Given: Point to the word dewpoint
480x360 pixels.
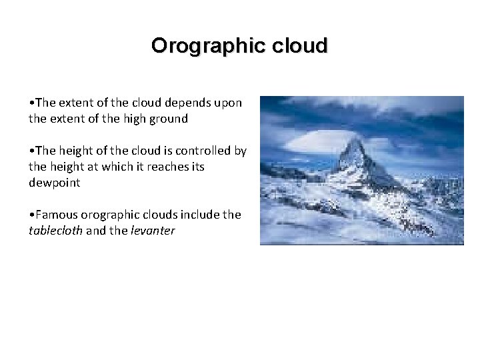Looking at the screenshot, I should pyautogui.click(x=54, y=182).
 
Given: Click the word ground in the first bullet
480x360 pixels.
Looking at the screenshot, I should pyautogui.click(x=167, y=119).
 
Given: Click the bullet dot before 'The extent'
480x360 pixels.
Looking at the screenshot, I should pyautogui.click(x=31, y=103).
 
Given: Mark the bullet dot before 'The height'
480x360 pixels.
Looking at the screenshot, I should pyautogui.click(x=31, y=151).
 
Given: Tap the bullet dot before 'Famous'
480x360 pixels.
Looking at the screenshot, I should pyautogui.click(x=31, y=215).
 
